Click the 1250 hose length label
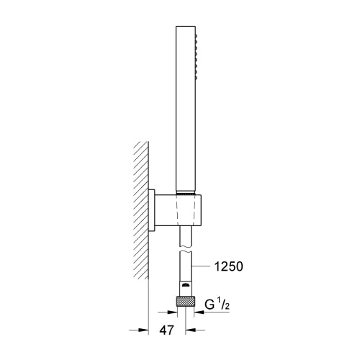click(228, 266)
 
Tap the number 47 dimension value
click(166, 330)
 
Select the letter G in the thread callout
click(210, 305)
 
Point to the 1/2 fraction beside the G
click(223, 304)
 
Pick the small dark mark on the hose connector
click(185, 285)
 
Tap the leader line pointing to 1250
click(202, 266)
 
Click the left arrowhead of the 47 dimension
click(143, 330)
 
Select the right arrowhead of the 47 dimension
click(191, 330)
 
